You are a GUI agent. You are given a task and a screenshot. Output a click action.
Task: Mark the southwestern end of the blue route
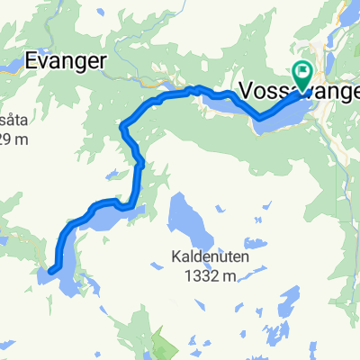(51, 269)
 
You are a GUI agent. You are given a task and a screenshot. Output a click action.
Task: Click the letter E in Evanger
(32, 62)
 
